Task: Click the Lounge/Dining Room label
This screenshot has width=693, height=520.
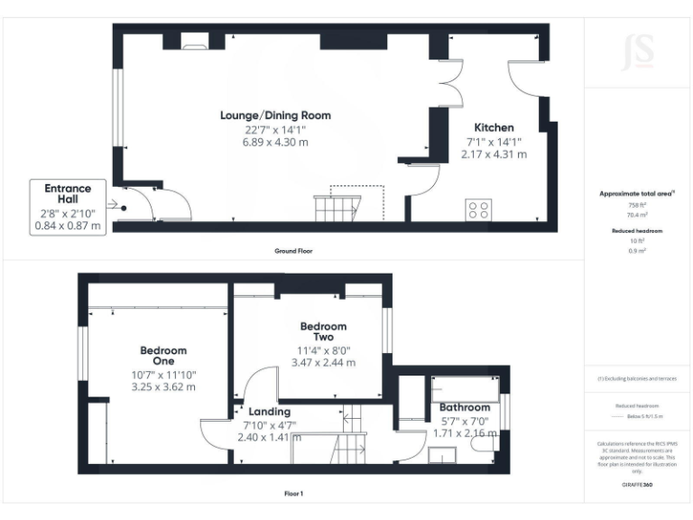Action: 275,116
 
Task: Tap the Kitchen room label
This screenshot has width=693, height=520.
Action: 494,128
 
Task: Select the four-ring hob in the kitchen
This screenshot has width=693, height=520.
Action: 479,209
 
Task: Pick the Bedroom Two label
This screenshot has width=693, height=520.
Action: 323,331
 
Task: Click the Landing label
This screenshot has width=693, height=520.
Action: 269,412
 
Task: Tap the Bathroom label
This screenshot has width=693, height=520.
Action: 465,408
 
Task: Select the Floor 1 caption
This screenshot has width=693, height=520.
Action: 292,494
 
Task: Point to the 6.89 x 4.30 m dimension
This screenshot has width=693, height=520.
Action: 275,143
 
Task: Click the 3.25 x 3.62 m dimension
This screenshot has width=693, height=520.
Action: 163,386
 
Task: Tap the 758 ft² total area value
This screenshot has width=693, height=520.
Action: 638,205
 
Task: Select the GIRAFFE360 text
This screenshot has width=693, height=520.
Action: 637,485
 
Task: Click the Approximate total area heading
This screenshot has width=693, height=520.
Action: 637,193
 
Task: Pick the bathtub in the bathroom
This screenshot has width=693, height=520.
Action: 466,387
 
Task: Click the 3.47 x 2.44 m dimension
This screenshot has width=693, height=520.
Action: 323,363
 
